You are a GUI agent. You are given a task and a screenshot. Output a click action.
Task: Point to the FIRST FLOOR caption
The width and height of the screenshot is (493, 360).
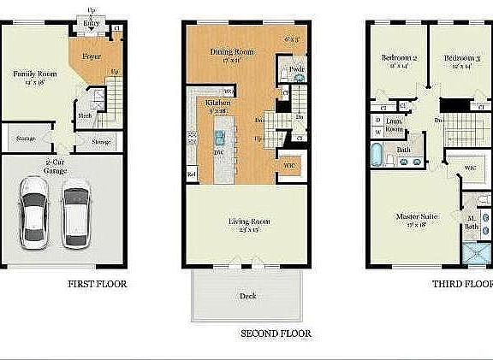click(97, 284)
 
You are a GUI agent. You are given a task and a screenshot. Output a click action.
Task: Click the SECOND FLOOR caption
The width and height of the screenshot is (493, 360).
click(276, 333)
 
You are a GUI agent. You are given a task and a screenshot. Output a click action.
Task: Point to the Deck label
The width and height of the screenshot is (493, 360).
click(247, 296)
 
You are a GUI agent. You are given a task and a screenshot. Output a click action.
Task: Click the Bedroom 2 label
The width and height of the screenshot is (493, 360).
click(399, 57)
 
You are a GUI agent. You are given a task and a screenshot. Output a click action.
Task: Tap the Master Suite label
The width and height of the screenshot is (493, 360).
click(417, 217)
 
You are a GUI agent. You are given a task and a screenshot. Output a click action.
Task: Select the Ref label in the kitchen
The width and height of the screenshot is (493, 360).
click(191, 174)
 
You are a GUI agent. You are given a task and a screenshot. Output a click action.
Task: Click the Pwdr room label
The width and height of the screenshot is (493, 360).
click(298, 69)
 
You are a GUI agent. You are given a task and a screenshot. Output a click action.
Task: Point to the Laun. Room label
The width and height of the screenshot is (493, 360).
click(395, 124)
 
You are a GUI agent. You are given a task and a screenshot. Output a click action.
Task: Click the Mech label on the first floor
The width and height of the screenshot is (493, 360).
click(86, 115)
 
